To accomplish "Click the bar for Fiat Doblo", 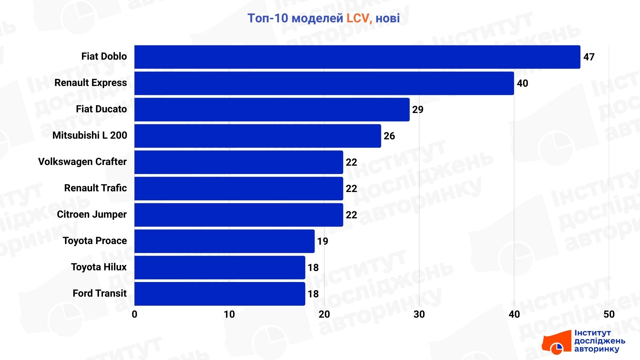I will coord(357,57).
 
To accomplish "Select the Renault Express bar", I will coord(324,83).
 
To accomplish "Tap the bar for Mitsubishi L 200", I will coord(257,136).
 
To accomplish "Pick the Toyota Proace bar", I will coord(224,241).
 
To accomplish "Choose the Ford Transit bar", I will coord(220,294).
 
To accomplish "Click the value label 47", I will coord(589,57).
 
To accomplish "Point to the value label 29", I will coord(418,110).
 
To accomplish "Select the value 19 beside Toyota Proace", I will coord(322,241).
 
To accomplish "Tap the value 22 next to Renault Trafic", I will coord(351,189).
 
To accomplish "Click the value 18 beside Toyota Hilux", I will coord(313,268).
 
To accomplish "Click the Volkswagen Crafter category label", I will coord(82,162).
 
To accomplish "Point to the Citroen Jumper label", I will coord(92,214).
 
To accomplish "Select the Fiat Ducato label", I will coord(101,109).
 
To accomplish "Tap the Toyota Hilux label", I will coord(99,267).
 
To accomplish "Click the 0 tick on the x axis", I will coord(134,314).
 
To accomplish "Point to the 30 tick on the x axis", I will coord(419,314).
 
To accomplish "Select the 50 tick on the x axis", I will coord(609,314).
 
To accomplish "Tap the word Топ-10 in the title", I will coord(268,18).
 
